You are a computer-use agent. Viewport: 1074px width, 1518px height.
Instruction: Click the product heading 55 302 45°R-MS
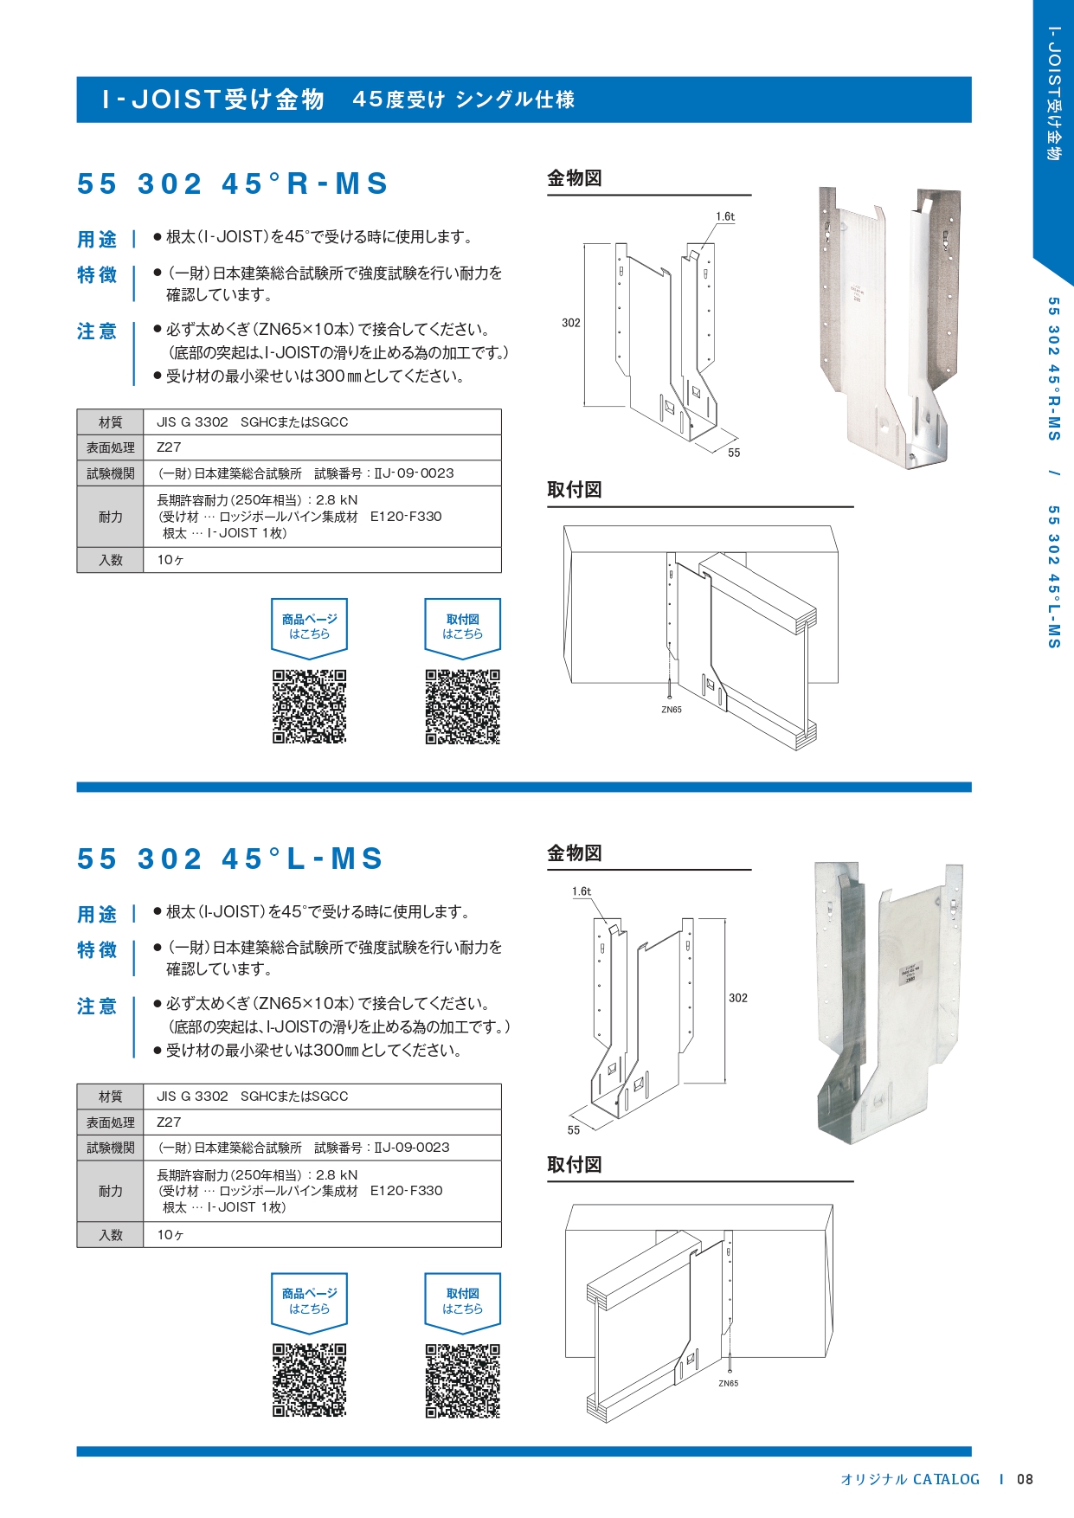tap(232, 183)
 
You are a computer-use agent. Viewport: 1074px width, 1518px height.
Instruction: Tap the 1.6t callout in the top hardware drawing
tap(725, 216)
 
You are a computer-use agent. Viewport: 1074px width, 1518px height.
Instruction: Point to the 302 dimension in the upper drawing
tap(571, 323)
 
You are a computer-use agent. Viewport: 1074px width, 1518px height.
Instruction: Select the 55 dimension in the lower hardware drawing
tap(574, 1130)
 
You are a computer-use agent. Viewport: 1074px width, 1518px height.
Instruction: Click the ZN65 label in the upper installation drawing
tap(672, 710)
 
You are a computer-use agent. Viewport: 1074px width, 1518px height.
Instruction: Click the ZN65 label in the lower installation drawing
tap(728, 1383)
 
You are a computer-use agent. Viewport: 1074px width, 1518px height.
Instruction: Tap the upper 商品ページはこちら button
tap(309, 627)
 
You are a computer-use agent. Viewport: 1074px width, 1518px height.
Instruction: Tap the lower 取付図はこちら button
tap(462, 1301)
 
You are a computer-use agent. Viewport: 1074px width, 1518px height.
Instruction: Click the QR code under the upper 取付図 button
tap(462, 706)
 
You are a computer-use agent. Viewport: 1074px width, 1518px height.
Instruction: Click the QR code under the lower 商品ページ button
tap(309, 1380)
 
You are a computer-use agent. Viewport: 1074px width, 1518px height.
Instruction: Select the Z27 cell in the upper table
tap(170, 447)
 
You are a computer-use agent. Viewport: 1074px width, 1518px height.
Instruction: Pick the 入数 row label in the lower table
tap(111, 1235)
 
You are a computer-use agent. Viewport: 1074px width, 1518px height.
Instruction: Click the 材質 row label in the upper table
tap(111, 422)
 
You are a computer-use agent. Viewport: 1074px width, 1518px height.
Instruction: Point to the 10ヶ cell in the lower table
tap(170, 1235)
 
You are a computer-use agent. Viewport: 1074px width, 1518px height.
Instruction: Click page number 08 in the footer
tap(1025, 1479)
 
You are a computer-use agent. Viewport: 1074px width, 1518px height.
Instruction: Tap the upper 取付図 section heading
tap(575, 490)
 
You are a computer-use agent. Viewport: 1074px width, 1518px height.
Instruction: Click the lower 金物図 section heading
tap(575, 853)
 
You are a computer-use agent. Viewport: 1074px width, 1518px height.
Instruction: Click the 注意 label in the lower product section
tap(97, 1007)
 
